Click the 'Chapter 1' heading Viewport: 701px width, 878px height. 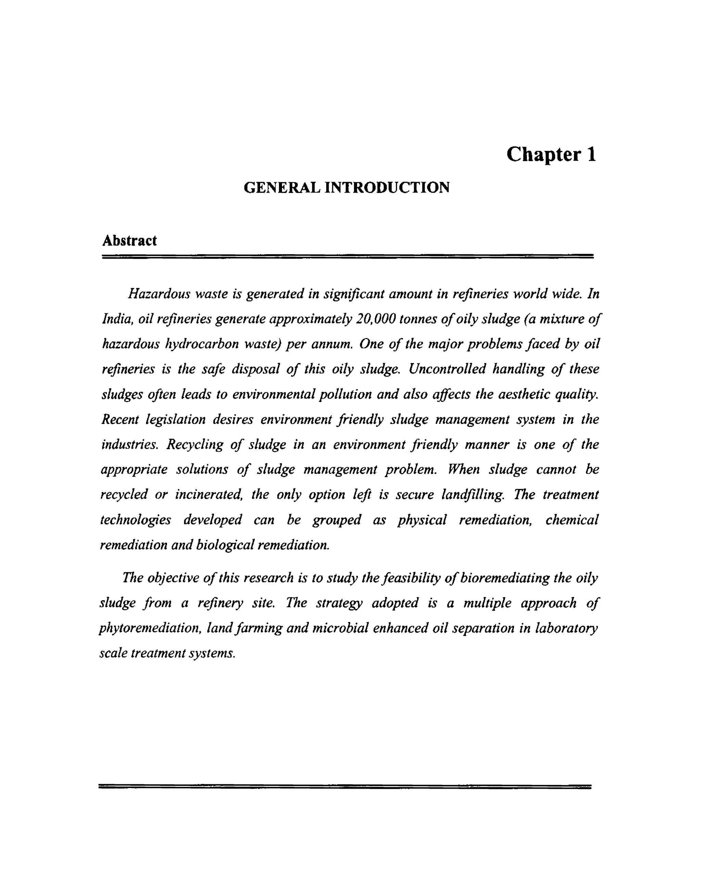point(551,155)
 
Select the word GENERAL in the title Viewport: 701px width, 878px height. point(281,188)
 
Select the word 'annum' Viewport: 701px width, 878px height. point(332,344)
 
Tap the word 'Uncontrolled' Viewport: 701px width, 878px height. point(447,369)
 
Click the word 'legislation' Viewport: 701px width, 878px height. point(176,419)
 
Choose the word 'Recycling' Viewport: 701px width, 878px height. point(195,444)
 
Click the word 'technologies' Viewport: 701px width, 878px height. point(136,520)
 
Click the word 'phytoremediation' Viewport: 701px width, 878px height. point(150,628)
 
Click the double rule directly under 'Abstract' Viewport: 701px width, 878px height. point(347,256)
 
